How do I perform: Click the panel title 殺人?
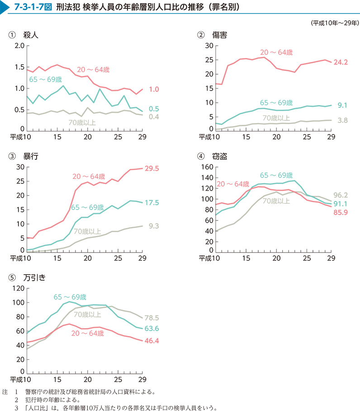(x=31, y=35)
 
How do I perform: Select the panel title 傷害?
(x=219, y=35)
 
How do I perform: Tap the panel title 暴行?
(x=31, y=157)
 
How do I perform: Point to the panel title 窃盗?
(x=219, y=157)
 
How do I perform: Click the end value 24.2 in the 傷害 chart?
(x=340, y=62)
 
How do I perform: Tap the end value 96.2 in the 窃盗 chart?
(x=340, y=195)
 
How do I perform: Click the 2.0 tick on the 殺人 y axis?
(x=19, y=46)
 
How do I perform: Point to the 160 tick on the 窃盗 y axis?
(x=207, y=167)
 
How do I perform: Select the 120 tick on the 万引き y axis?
(x=18, y=288)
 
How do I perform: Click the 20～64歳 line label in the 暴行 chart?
(x=89, y=176)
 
